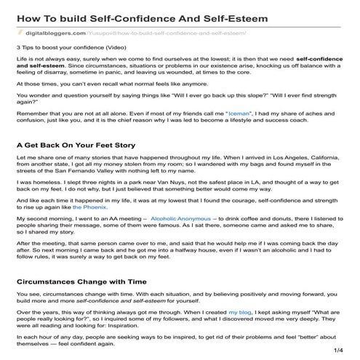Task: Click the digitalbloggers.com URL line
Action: pos(131,33)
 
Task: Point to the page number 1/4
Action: pos(337,351)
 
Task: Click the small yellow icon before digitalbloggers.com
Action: pos(20,33)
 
